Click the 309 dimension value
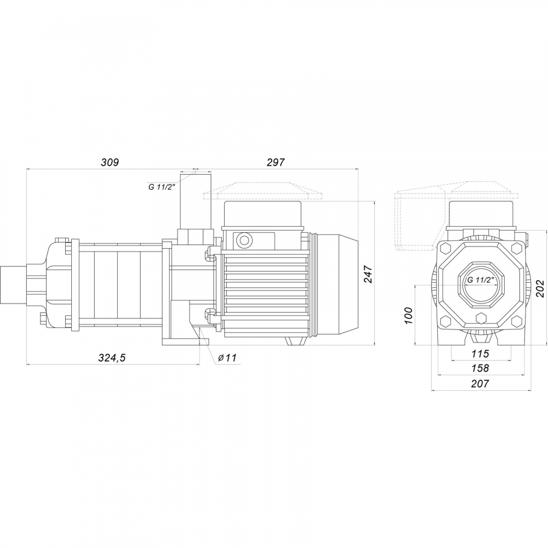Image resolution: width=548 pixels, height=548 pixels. (110, 162)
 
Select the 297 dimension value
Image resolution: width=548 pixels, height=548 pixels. (276, 162)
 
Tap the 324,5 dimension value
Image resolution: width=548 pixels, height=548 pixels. (112, 358)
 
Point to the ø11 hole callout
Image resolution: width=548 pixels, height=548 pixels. (226, 357)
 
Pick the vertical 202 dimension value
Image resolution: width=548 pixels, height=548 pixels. (539, 288)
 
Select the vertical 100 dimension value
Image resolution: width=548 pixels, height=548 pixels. (408, 316)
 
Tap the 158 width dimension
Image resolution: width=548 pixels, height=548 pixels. (480, 368)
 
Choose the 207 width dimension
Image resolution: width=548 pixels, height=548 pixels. (480, 384)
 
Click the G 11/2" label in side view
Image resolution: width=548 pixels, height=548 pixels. (161, 187)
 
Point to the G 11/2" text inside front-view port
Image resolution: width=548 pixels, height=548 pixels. (481, 279)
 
